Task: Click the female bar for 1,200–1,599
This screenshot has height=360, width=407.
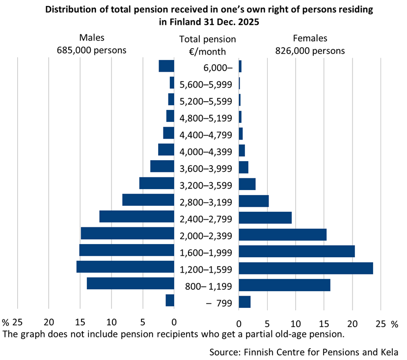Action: (305, 268)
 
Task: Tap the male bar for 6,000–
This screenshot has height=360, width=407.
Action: (166, 66)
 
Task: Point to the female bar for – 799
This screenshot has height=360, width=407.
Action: (244, 302)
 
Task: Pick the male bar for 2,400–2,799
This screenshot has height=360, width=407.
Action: (136, 217)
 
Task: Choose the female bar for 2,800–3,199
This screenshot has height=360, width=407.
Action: (253, 201)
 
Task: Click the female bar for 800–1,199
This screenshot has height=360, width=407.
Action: (284, 285)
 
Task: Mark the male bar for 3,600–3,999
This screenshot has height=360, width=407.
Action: (162, 166)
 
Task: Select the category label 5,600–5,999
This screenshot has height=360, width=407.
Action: (206, 84)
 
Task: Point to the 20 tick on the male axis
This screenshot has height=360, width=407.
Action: (49, 323)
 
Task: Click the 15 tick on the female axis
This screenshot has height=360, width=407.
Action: (324, 324)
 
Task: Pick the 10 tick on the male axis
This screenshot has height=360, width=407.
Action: (111, 323)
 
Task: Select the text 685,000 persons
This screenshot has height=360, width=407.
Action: (92, 50)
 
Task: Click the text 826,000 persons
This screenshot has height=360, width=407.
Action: (310, 50)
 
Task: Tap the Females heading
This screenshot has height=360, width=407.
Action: (310, 38)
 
